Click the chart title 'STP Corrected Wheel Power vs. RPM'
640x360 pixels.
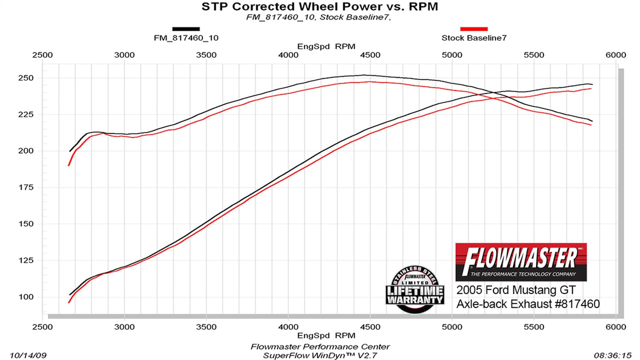(320, 7)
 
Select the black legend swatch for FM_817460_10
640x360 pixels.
(186, 29)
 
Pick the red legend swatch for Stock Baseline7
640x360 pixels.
(474, 29)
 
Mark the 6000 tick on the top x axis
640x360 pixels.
(616, 55)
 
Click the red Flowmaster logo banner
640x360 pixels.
(521, 262)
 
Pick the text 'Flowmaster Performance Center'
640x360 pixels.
(320, 347)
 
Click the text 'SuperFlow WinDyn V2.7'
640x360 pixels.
(320, 356)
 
